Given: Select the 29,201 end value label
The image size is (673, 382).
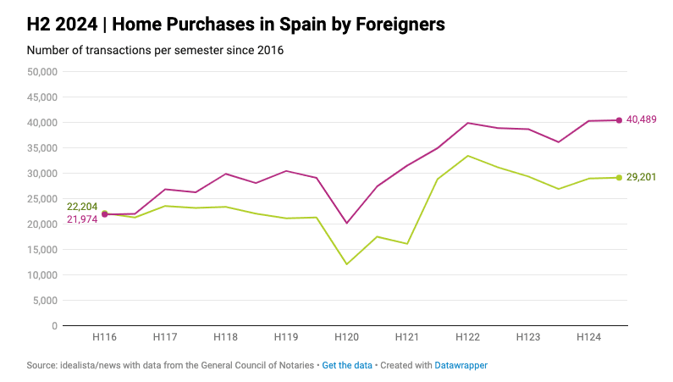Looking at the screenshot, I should (641, 177).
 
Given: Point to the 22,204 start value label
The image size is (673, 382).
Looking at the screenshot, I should (82, 207).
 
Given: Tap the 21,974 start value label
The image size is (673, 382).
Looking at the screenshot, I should (82, 220).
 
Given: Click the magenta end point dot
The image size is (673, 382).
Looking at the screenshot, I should (619, 120).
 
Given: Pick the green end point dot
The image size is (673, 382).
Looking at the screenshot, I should (619, 177).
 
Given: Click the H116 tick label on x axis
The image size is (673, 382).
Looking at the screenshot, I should (104, 337).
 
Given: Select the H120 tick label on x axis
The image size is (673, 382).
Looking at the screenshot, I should (346, 337).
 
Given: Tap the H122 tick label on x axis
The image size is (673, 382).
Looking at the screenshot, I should (467, 337).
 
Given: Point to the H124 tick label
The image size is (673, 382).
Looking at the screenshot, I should (588, 337).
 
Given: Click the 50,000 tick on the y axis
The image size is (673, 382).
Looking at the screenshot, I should (41, 72).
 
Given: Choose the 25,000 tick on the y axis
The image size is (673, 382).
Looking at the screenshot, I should (41, 199).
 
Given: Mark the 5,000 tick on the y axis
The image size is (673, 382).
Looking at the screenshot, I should (45, 301).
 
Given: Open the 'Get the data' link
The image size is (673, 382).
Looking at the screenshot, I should (347, 365).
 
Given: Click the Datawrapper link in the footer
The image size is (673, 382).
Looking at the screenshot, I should (461, 365).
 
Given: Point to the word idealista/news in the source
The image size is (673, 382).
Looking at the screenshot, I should (90, 365).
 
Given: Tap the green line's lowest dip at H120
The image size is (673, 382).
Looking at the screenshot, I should (346, 264).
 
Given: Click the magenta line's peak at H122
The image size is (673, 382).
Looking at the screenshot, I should (467, 123).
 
